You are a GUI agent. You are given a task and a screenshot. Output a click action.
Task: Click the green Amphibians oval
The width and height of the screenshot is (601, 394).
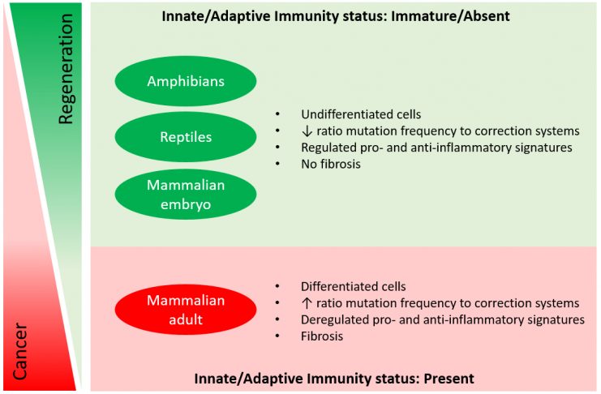[x=186, y=81]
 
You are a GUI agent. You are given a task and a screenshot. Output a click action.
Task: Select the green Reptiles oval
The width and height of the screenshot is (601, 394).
[x=186, y=137]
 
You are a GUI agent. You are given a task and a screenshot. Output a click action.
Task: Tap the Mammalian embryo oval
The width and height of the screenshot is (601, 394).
[x=186, y=195]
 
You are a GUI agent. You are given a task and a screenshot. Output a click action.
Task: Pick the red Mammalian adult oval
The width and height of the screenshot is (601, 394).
[x=186, y=310]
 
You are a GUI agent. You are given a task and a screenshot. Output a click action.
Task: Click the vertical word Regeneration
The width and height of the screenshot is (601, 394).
[x=65, y=69]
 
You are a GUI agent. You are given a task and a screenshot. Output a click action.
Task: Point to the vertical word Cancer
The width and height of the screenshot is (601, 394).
[x=20, y=352]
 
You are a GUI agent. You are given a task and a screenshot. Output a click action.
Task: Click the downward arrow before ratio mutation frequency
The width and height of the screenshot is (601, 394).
[x=307, y=131]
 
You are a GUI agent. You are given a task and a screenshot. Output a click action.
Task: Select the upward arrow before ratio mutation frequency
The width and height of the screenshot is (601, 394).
[x=307, y=303]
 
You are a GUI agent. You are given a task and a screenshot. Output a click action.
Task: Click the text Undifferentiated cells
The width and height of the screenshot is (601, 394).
[x=361, y=114]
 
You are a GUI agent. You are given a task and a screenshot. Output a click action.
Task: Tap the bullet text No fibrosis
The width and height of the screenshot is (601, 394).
[x=331, y=164]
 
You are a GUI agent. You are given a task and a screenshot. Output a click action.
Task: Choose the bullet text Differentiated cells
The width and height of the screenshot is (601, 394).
[x=354, y=286]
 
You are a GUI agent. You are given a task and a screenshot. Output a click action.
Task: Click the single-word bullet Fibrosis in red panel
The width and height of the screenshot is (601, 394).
[x=322, y=336]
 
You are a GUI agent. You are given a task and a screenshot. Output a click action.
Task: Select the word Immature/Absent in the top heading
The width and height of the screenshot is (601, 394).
[x=452, y=16]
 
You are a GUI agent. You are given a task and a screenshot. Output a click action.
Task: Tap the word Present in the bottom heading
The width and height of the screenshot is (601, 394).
[x=449, y=379]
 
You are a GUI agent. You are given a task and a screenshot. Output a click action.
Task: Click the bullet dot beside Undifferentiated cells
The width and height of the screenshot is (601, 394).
[x=277, y=114]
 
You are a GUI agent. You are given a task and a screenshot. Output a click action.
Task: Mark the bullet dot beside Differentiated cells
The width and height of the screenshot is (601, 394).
[x=277, y=286]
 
